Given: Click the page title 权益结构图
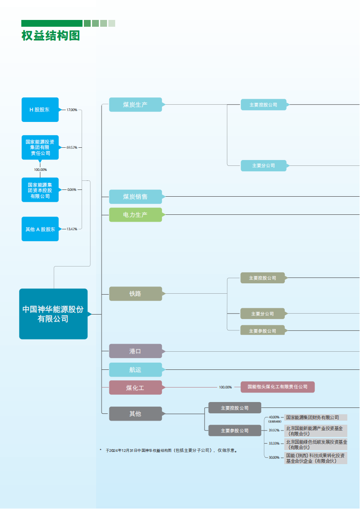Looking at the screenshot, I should [50, 36].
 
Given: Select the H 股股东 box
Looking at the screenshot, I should [40, 110].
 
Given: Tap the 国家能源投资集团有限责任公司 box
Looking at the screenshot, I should [40, 147].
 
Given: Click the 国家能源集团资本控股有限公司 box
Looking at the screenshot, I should [40, 190].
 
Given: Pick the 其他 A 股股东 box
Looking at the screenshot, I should [40, 229].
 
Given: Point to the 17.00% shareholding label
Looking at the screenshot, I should [72, 110].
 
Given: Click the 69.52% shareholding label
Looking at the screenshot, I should [72, 147].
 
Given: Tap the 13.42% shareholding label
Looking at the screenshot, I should [72, 229].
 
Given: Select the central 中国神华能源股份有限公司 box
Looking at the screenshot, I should [53, 314].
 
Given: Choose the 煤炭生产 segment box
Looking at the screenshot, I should [135, 105].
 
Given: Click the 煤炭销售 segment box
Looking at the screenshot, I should [135, 197].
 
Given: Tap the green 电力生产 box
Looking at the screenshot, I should [135, 214].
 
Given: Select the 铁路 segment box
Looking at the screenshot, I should [135, 294].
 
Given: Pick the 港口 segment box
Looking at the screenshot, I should [135, 351].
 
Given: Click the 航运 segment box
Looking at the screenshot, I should [135, 370].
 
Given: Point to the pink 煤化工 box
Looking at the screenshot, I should [135, 388].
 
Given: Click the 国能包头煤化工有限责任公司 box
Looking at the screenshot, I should [277, 387].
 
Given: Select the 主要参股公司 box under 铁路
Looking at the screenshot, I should [263, 331].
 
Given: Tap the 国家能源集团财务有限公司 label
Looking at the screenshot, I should [316, 417].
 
